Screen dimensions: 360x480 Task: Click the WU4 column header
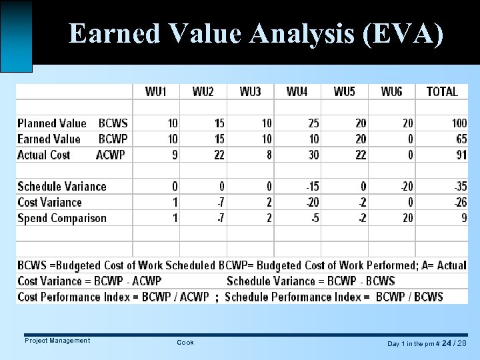[x=297, y=92]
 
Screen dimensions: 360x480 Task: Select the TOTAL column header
[x=442, y=92]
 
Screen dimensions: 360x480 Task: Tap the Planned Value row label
[x=52, y=123]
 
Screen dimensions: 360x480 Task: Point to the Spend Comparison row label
[x=62, y=218]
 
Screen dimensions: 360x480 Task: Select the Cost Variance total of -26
[x=460, y=203]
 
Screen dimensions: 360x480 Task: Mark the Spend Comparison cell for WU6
[x=407, y=218]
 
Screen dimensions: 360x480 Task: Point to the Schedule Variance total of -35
[x=460, y=187]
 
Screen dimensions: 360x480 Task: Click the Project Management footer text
[x=57, y=341]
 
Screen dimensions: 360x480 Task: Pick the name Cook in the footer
[x=185, y=343]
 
